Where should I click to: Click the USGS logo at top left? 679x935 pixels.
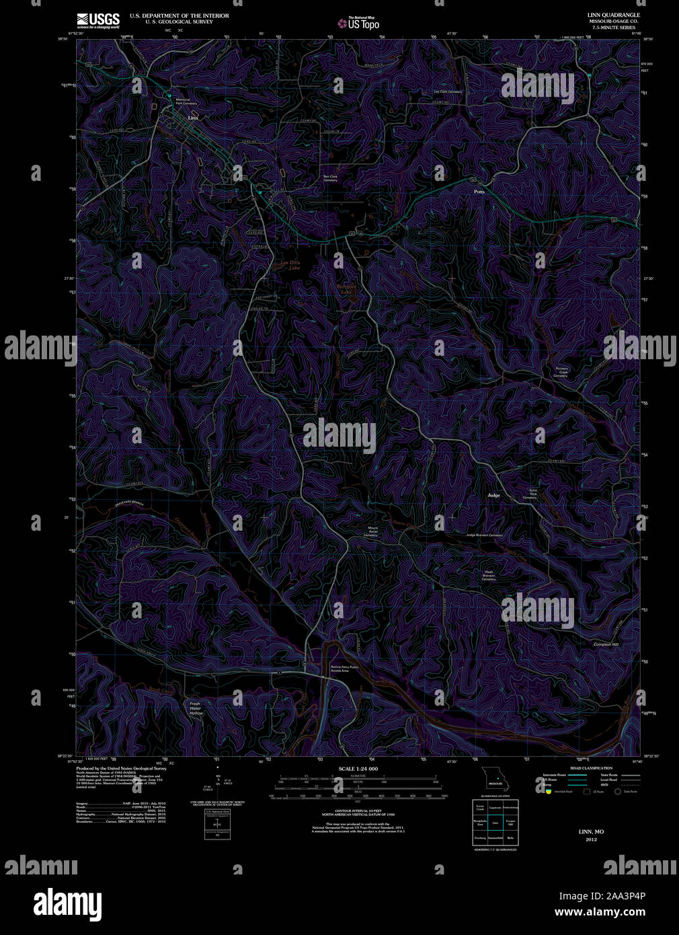(98, 20)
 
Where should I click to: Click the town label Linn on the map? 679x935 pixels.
(193, 117)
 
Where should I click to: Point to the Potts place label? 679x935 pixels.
(479, 192)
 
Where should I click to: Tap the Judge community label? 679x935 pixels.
(493, 495)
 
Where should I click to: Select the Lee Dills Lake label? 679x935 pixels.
(290, 265)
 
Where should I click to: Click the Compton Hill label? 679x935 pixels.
(606, 644)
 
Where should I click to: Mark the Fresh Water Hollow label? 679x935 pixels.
(196, 708)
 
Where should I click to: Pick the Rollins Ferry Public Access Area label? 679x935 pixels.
(339, 669)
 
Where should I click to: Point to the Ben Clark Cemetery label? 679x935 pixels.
(330, 178)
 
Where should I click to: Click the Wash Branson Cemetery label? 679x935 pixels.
(489, 576)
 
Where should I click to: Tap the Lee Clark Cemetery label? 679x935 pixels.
(448, 91)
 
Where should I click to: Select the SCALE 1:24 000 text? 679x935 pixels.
(358, 768)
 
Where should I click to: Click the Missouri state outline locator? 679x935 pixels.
(495, 781)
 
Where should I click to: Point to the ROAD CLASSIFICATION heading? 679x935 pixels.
(591, 768)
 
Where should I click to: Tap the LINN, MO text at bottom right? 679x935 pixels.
(591, 832)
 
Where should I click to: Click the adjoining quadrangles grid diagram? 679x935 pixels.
(495, 822)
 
